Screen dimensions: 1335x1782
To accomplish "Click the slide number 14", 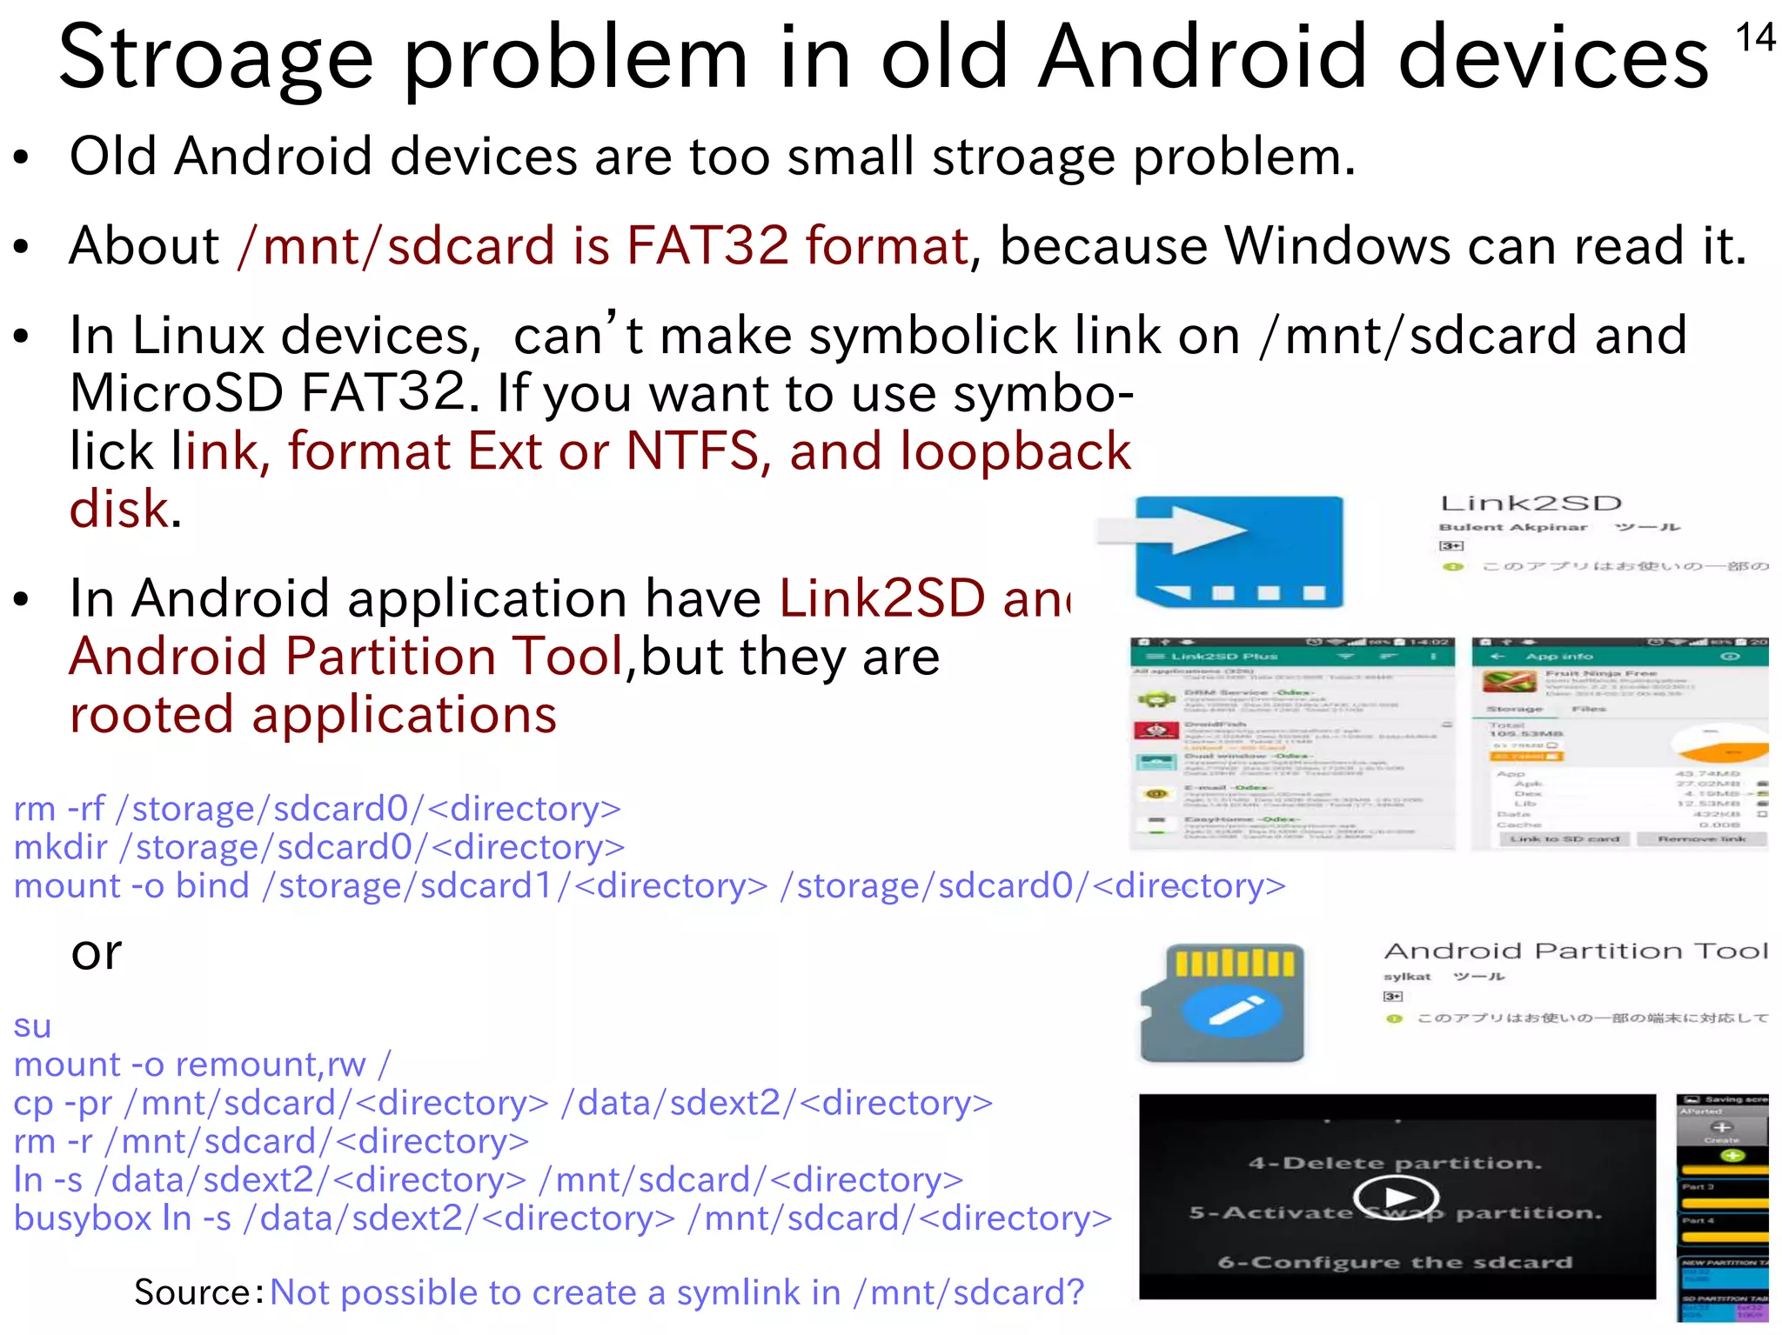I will pos(1754,39).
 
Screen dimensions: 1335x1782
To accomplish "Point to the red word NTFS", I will pos(693,452).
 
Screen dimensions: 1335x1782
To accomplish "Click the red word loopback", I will pos(1015,452).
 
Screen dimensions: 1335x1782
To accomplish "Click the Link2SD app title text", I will pos(1531,504).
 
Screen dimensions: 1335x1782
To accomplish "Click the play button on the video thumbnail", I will pos(1396,1198).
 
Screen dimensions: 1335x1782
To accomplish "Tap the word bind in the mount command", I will pos(212,886).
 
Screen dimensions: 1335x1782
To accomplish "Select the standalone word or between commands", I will pos(97,954).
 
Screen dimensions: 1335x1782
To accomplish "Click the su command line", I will pos(33,1026).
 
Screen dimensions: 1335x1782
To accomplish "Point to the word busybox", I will pos(83,1218).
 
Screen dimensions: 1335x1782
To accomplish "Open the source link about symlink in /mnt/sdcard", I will pos(677,1293).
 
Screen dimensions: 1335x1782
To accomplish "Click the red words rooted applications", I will pos(313,716).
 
